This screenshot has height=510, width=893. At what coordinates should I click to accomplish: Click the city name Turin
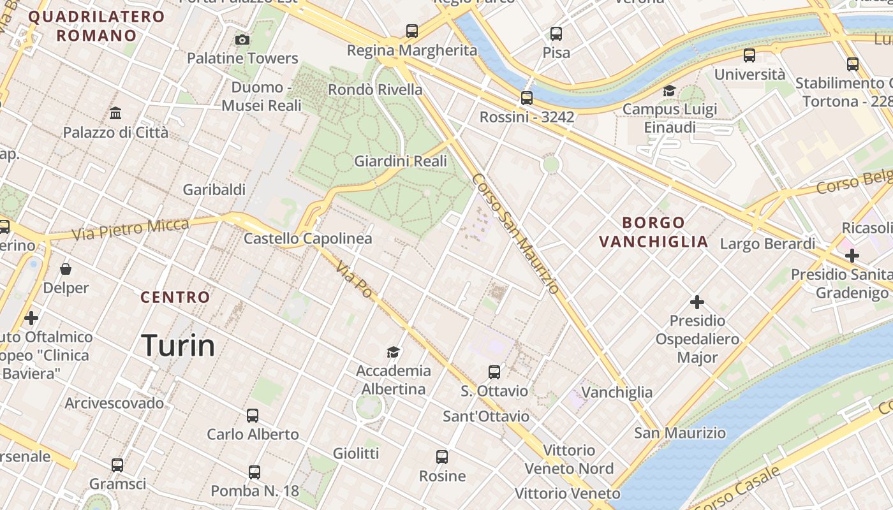178,346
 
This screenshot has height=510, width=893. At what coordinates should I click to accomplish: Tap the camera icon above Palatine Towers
242,40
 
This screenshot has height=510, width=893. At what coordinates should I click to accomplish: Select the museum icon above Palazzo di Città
115,113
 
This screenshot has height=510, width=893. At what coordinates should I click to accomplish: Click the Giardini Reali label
401,161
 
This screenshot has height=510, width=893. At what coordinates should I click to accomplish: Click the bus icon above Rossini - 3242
526,98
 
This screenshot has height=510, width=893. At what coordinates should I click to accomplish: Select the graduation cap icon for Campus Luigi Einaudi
669,91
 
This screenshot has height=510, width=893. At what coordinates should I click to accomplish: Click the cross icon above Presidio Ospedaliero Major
697,302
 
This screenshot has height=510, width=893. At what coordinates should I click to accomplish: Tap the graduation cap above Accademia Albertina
394,352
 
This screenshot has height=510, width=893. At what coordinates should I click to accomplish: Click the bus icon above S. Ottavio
494,372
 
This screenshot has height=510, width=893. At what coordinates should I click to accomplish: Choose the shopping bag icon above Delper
66,270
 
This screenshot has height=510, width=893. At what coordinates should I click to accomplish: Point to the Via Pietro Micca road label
130,229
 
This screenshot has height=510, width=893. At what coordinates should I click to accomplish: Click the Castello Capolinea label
308,239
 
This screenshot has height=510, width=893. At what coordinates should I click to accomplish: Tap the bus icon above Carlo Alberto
253,416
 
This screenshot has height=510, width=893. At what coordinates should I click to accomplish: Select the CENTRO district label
175,297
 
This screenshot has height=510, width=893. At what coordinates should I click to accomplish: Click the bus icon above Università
749,55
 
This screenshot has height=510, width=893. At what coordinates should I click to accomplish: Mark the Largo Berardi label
767,244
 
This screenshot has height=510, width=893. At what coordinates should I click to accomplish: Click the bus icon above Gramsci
117,465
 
